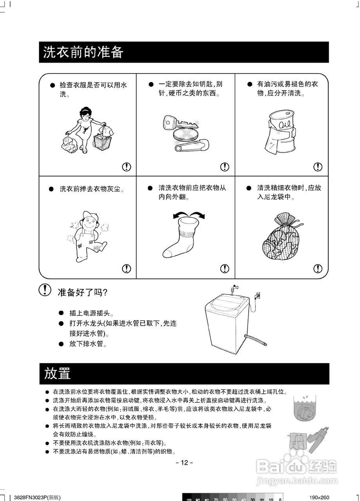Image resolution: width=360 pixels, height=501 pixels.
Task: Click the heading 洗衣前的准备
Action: (83, 52)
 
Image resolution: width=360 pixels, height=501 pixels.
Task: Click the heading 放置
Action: (58, 373)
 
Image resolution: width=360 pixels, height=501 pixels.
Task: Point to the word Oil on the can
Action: (283, 124)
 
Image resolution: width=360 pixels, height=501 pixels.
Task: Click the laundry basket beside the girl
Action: (103, 141)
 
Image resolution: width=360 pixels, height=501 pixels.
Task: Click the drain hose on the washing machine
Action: (255, 339)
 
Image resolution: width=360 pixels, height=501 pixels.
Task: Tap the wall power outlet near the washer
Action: (257, 294)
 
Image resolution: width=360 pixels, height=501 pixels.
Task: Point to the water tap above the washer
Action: (235, 290)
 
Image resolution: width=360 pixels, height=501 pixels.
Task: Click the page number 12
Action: (184, 463)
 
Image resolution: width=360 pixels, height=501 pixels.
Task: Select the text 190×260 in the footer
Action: (319, 497)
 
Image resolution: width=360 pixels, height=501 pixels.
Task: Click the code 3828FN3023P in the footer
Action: (31, 497)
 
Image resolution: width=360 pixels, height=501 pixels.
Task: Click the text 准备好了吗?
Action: (83, 292)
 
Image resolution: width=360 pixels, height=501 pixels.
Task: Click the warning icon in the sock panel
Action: (224, 269)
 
